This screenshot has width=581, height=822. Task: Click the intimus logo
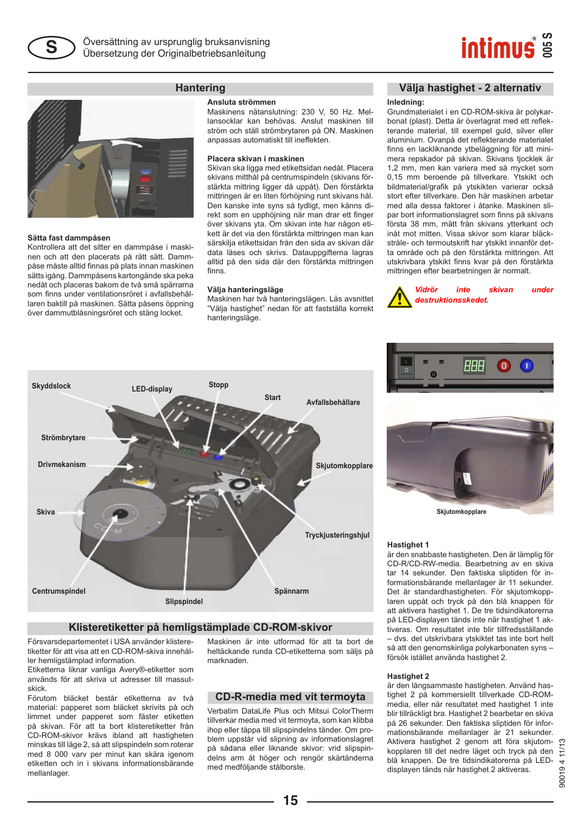(x=498, y=47)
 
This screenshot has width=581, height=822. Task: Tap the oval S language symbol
(x=52, y=47)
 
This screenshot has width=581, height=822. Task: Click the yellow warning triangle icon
(x=400, y=297)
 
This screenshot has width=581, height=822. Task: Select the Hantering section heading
(x=200, y=88)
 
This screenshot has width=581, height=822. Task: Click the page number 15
(x=290, y=800)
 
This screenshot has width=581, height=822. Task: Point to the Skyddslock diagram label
(x=51, y=386)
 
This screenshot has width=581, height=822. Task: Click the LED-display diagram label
(x=152, y=389)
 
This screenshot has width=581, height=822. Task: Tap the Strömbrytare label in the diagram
(x=63, y=438)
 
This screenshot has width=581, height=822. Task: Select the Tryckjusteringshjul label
(x=337, y=535)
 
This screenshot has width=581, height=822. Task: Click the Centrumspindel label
(x=58, y=591)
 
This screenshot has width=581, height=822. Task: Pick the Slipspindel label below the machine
(x=184, y=602)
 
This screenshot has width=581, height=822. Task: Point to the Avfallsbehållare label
(x=333, y=402)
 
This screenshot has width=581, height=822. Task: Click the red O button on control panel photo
(x=504, y=365)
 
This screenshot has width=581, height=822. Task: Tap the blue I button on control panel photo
(x=526, y=365)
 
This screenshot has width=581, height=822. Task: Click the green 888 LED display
(x=474, y=365)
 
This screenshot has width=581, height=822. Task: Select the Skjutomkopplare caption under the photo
(x=461, y=512)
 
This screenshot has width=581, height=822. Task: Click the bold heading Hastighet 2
(x=408, y=676)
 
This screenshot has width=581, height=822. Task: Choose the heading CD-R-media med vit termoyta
(x=290, y=697)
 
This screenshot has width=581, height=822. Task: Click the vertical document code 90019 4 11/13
(x=562, y=763)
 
